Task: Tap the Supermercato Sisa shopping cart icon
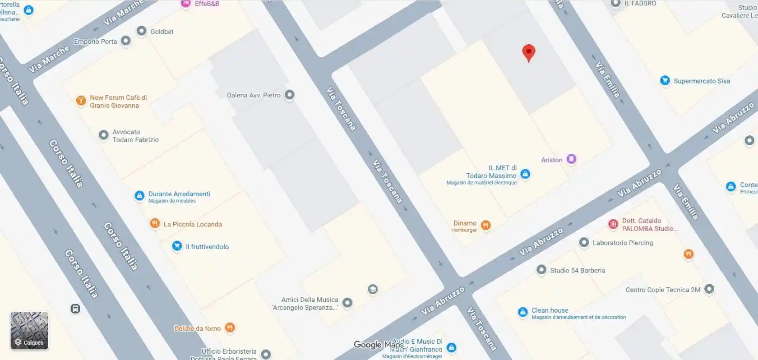tap(665, 81)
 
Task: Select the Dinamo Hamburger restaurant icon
tap(485, 225)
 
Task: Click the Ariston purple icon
tap(572, 159)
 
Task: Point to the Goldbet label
tap(162, 32)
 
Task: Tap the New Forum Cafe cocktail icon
tap(81, 100)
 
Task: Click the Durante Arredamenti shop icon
tap(139, 196)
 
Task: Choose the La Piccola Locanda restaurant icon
tap(155, 223)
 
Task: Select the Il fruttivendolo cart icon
tap(177, 246)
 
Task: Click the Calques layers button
tap(29, 331)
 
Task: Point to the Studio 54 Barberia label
tap(577, 270)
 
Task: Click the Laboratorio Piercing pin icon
tap(584, 243)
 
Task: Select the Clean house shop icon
tap(522, 312)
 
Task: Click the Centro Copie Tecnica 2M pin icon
tap(709, 289)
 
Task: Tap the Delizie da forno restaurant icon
tap(230, 328)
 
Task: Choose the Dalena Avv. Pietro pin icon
tap(290, 95)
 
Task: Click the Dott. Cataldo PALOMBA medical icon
tap(613, 224)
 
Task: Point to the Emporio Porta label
tap(95, 42)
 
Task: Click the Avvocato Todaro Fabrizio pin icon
tap(103, 134)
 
